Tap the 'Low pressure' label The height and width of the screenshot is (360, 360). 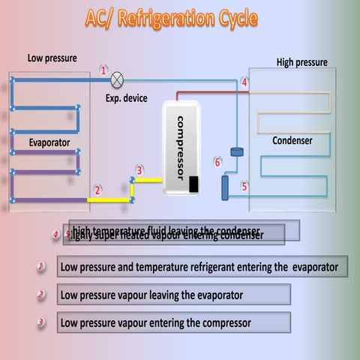pyautogui.click(x=52, y=58)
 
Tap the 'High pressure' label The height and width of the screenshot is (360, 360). pyautogui.click(x=302, y=62)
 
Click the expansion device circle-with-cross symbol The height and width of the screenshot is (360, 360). pyautogui.click(x=117, y=78)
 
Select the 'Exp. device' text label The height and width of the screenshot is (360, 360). pyautogui.click(x=126, y=98)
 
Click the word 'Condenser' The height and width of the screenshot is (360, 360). pyautogui.click(x=292, y=140)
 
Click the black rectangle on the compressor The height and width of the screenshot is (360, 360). pyautogui.click(x=193, y=184)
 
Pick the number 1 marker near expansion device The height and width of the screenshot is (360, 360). pyautogui.click(x=103, y=70)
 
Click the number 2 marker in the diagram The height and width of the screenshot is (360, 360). pyautogui.click(x=97, y=190)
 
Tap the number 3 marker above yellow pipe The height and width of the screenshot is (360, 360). pyautogui.click(x=139, y=170)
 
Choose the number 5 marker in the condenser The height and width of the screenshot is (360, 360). pyautogui.click(x=244, y=186)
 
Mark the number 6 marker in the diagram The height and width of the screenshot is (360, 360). pyautogui.click(x=217, y=162)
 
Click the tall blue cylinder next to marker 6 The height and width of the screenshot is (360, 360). pyautogui.click(x=225, y=187)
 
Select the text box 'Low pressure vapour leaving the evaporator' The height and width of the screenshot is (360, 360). pyautogui.click(x=173, y=295)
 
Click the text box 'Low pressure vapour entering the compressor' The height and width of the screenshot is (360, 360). pyautogui.click(x=173, y=323)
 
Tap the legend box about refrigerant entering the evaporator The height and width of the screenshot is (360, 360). pyautogui.click(x=202, y=266)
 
